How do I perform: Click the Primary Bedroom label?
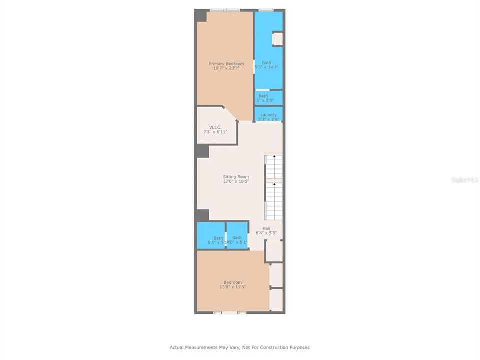226,64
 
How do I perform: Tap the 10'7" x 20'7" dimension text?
226,68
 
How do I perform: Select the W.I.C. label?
215,127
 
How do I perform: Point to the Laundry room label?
268,115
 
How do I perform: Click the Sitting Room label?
236,177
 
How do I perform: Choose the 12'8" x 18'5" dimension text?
236,181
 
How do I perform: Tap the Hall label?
266,228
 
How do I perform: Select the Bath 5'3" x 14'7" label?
266,63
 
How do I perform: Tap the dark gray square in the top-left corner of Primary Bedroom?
201,16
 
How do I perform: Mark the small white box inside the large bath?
277,39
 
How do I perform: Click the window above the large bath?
266,10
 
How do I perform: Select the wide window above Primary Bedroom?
225,10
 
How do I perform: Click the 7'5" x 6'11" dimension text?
215,132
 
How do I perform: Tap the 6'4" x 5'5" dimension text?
266,233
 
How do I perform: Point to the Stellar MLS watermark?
464,179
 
